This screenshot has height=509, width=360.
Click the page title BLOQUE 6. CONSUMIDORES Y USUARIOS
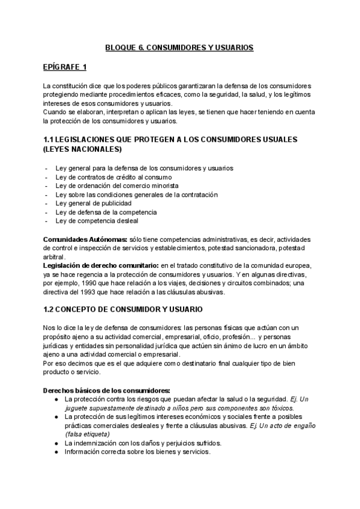pos(179,46)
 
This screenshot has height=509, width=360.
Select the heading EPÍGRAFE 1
pos(65,66)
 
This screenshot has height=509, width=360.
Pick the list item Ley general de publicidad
pos(93,203)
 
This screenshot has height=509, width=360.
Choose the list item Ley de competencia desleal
pos(98,221)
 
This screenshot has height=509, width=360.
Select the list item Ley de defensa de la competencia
pos(106,212)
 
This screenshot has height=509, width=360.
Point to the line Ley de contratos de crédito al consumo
pos(113,177)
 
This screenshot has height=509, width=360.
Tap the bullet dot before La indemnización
pos(56,443)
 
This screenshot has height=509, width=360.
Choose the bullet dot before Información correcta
pos(56,451)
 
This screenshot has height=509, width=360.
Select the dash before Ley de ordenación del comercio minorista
pos(47,186)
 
